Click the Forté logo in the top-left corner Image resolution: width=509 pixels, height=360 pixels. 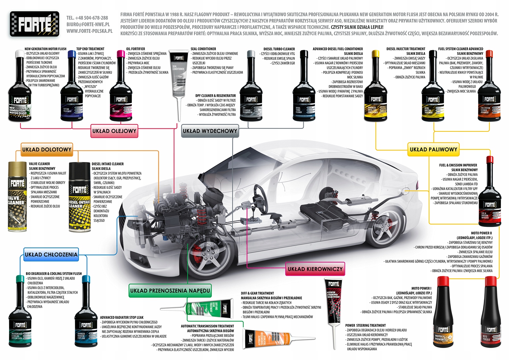click(x=35, y=24)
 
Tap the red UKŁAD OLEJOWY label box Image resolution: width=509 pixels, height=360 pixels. click(x=114, y=131)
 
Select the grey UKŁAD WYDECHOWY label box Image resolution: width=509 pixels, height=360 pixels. click(x=210, y=131)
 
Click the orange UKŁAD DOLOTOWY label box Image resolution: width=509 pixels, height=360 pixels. click(x=47, y=150)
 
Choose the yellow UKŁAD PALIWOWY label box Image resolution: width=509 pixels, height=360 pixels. click(x=433, y=149)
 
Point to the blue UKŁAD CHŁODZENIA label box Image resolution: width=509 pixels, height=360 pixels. click(x=51, y=255)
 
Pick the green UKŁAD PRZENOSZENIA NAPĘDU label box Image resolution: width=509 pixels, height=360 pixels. click(x=170, y=291)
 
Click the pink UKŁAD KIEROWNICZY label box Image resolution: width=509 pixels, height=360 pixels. click(x=315, y=269)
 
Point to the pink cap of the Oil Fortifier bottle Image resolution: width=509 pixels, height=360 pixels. click(x=121, y=54)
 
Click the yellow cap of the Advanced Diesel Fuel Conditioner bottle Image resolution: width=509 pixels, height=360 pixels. click(x=376, y=54)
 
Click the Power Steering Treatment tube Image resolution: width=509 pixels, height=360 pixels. click(x=333, y=300)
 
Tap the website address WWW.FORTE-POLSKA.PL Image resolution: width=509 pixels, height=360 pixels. click(x=89, y=31)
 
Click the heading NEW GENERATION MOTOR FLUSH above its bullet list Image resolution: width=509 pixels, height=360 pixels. click(x=45, y=49)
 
